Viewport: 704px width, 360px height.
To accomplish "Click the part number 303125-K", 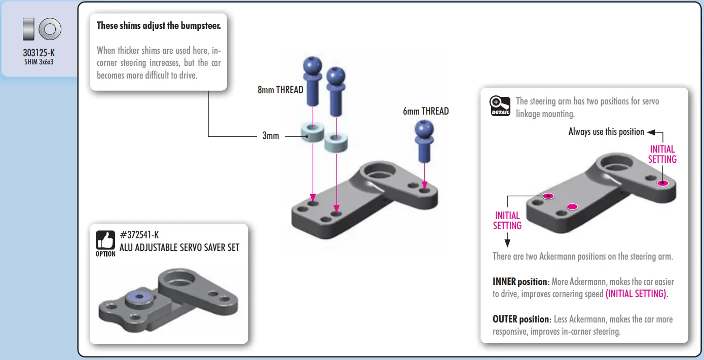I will [x=39, y=53].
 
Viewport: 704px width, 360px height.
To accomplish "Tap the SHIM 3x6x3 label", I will [x=39, y=62].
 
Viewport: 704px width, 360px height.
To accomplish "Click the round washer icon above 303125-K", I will [x=50, y=29].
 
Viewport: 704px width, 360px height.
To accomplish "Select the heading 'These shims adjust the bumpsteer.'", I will [x=159, y=25].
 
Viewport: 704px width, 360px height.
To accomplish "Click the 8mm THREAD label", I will [x=280, y=90].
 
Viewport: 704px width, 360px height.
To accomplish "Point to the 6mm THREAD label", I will [x=426, y=111].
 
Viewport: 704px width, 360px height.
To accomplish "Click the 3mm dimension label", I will [x=271, y=136].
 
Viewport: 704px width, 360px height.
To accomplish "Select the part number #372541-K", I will [x=139, y=235].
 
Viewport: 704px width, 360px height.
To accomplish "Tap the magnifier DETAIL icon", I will [x=500, y=105].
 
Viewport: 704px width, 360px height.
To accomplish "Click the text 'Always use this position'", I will [x=606, y=132].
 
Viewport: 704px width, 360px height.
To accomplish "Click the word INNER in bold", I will [x=504, y=282].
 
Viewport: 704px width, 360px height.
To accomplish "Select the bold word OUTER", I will [x=505, y=319].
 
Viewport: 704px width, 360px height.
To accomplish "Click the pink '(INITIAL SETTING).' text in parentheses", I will [x=637, y=294].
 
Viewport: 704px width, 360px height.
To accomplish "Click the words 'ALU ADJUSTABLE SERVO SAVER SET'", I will [x=179, y=247].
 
